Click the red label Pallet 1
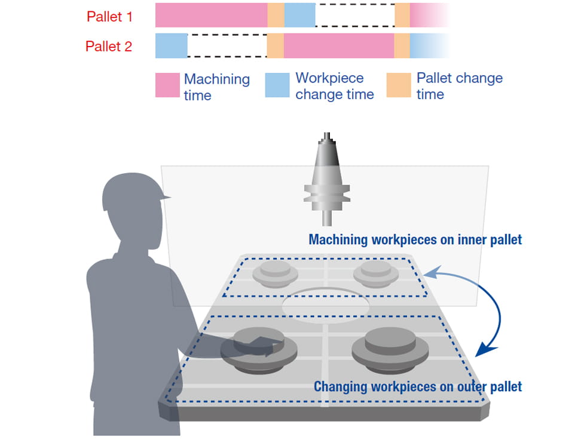(109, 16)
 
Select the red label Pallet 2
(109, 46)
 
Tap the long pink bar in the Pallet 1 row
(211, 15)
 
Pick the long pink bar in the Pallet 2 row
(338, 46)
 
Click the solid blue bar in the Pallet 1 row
(299, 15)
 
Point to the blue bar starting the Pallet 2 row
(171, 46)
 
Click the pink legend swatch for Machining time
(167, 85)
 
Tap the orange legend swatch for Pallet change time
(399, 85)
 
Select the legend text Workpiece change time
(335, 86)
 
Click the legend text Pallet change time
(459, 86)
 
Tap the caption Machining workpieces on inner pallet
(415, 240)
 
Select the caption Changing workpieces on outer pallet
(417, 386)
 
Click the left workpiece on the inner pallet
(275, 274)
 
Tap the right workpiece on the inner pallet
(375, 274)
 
